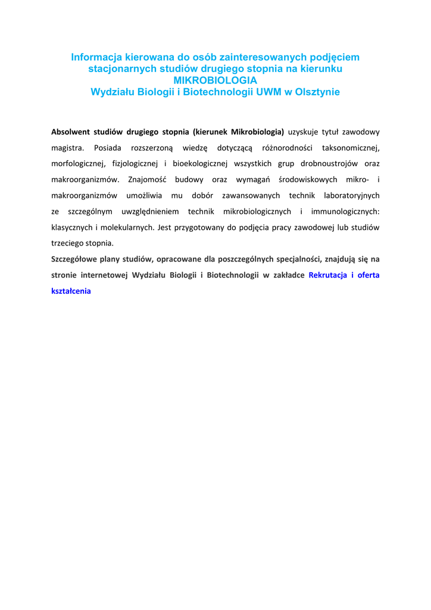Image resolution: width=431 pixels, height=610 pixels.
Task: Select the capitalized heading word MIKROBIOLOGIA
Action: [x=215, y=80]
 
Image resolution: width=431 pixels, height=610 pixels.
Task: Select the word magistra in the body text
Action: [x=66, y=148]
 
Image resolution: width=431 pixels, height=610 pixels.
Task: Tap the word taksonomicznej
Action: [x=351, y=148]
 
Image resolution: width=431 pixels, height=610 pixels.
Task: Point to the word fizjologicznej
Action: [x=129, y=163]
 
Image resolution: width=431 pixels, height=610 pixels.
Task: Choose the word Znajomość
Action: [x=148, y=179]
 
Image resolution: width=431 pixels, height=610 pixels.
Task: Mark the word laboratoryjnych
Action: [x=352, y=195]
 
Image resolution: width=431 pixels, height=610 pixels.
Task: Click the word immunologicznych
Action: [x=345, y=211]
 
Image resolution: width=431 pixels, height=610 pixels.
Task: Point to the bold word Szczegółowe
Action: [x=75, y=259]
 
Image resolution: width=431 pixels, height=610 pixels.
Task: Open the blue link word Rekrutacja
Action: [x=329, y=275]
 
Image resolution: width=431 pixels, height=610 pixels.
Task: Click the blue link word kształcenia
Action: [x=71, y=291]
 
